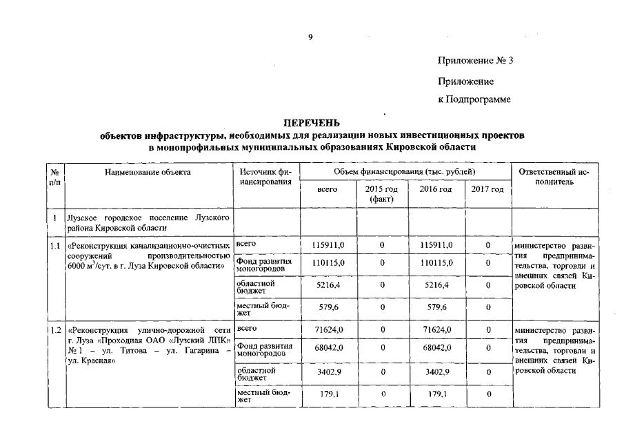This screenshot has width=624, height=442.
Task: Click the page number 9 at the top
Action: click(x=310, y=37)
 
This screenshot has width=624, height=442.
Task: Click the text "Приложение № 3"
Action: click(x=475, y=61)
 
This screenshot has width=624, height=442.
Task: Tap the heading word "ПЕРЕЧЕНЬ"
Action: click(x=312, y=124)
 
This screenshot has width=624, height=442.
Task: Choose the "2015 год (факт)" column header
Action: click(x=381, y=194)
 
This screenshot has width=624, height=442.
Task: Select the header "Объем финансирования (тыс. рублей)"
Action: click(x=405, y=171)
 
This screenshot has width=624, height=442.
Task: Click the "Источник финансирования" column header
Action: click(x=265, y=176)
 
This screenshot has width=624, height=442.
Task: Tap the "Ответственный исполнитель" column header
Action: click(x=554, y=176)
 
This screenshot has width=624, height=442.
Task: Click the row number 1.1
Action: click(x=54, y=245)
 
